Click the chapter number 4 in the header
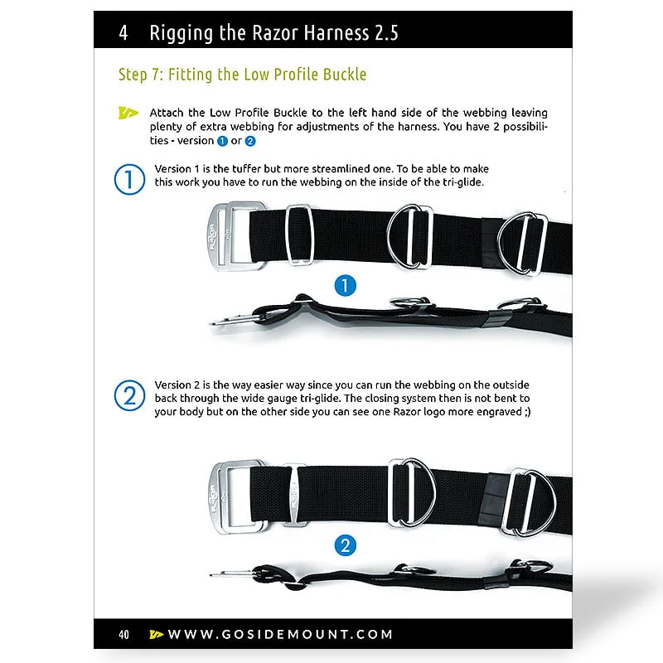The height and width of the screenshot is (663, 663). tap(123, 33)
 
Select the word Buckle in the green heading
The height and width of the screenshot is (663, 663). tap(345, 75)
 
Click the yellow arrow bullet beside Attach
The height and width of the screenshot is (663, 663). tap(128, 113)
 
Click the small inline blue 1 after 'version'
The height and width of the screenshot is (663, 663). tap(222, 141)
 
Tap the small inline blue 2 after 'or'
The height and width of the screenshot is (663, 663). tap(250, 141)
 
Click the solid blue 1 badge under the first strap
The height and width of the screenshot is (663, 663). tap(346, 285)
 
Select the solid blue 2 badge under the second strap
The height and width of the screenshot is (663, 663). tap(346, 545)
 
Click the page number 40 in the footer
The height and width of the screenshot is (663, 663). tap(123, 634)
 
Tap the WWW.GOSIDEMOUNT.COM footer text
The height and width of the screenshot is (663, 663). tap(280, 634)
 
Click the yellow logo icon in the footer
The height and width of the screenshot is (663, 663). tap(157, 634)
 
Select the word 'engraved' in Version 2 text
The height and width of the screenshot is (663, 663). tap(500, 412)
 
